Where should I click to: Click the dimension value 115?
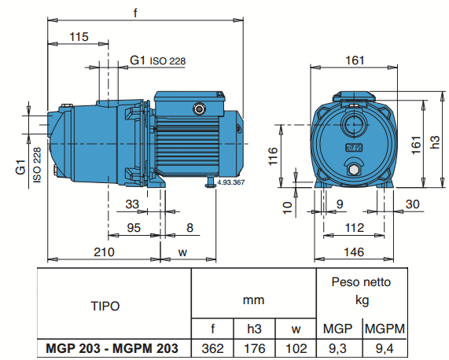pyautogui.click(x=79, y=37)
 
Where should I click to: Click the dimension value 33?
pyautogui.click(x=132, y=204)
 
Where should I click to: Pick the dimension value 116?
pyautogui.click(x=273, y=156)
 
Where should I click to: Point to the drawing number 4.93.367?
pyautogui.click(x=230, y=182)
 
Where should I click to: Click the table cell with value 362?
pyautogui.click(x=213, y=348)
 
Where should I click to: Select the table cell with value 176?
pyautogui.click(x=255, y=348)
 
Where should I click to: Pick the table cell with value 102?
pyautogui.click(x=296, y=348)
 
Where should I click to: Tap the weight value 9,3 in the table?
pyautogui.click(x=338, y=348)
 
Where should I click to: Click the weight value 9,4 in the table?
pyautogui.click(x=383, y=348)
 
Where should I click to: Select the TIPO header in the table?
pyautogui.click(x=105, y=305)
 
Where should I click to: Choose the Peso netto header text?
pyautogui.click(x=361, y=281)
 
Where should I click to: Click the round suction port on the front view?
pyautogui.click(x=355, y=124)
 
